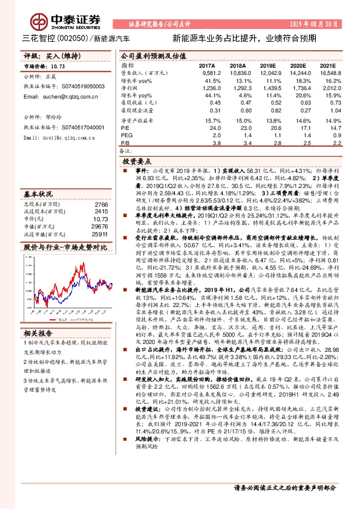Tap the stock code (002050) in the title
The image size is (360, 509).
coord(72,38)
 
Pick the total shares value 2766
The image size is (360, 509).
coord(100,206)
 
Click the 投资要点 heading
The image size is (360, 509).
coord(136,163)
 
